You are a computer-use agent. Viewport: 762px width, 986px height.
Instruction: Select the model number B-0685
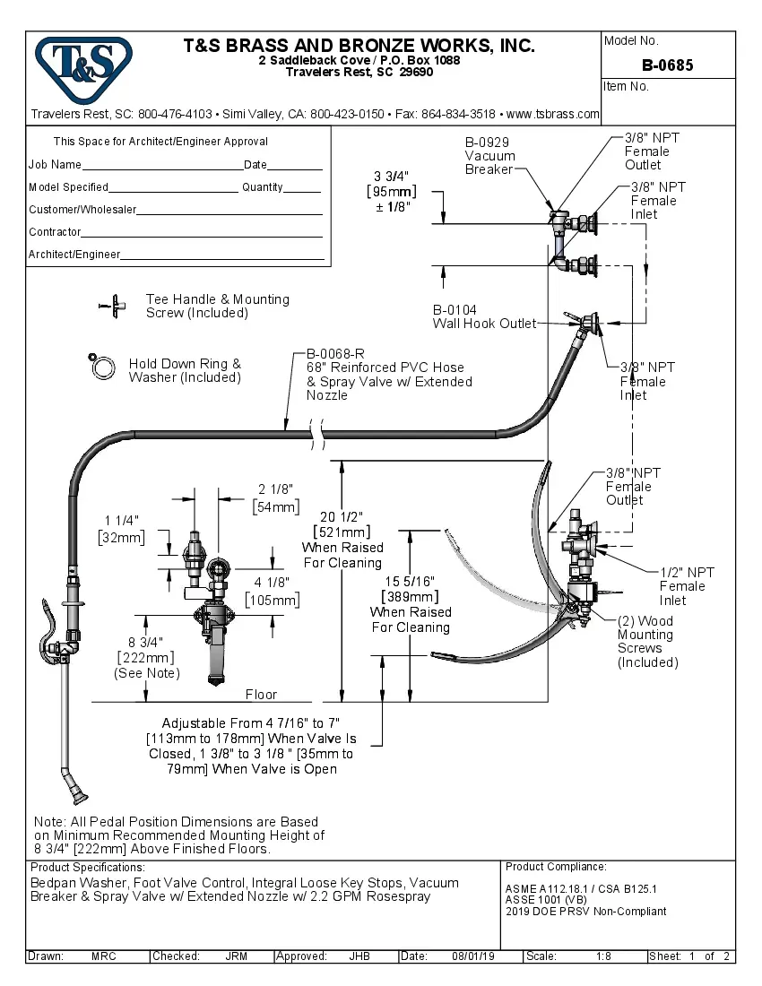pos(667,65)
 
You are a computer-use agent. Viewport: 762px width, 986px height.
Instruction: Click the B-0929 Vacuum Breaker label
pos(489,156)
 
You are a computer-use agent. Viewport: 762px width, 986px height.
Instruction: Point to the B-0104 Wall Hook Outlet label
pos(484,317)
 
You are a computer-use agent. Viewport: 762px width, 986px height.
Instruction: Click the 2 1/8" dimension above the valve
pos(275,489)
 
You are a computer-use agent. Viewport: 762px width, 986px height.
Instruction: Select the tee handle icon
pos(112,306)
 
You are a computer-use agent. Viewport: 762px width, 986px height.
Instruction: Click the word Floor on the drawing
pos(262,695)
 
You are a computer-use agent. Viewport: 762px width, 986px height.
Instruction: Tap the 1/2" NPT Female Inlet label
pos(687,586)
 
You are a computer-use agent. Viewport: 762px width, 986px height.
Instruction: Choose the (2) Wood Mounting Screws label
pos(647,642)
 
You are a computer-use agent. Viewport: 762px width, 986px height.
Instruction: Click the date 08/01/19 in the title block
pos(473,956)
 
